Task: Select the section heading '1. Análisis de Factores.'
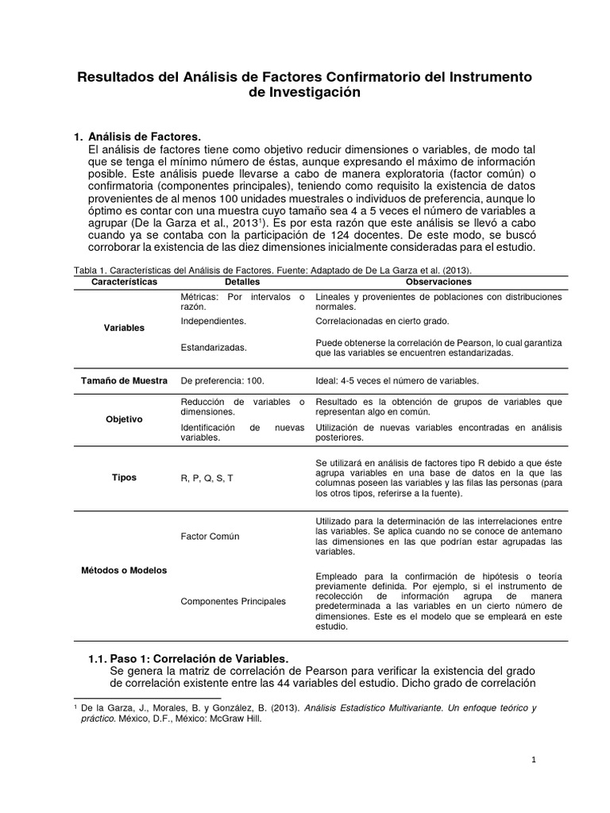coord(138,136)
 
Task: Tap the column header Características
coord(125,282)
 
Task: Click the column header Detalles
coord(241,282)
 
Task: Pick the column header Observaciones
coord(438,282)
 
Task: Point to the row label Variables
coord(124,327)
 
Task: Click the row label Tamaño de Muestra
coord(124,380)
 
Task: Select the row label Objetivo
coord(124,418)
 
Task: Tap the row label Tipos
coord(124,478)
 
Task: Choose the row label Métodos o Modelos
coord(124,569)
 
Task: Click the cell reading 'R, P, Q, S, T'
coord(207,479)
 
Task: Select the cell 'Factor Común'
coord(210,537)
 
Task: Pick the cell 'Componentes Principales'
coord(233,602)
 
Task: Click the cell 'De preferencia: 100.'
coord(221,380)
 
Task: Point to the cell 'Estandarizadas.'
coord(213,347)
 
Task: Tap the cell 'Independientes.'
coord(213,322)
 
